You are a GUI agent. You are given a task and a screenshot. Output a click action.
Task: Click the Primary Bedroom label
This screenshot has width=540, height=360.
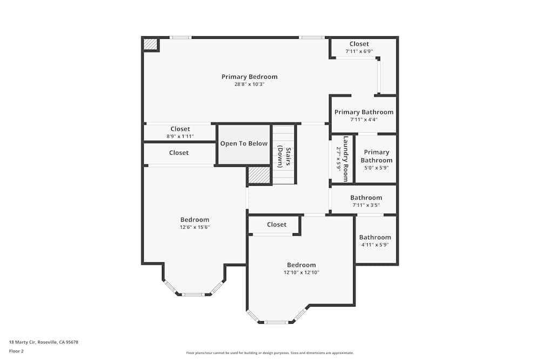pyautogui.click(x=249, y=77)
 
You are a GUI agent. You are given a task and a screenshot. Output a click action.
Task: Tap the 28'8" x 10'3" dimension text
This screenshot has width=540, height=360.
pyautogui.click(x=249, y=84)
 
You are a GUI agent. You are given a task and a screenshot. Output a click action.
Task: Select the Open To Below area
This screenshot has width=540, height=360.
pyautogui.click(x=244, y=144)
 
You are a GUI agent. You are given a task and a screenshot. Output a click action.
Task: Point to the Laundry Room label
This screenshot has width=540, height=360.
pyautogui.click(x=342, y=159)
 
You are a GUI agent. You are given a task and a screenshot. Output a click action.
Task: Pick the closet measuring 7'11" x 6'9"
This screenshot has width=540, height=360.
pyautogui.click(x=359, y=47)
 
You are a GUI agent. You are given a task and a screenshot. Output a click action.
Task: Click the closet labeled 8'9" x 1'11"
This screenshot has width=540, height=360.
pyautogui.click(x=180, y=133)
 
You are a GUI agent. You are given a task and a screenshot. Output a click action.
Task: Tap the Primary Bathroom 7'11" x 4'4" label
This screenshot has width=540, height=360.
pyautogui.click(x=363, y=116)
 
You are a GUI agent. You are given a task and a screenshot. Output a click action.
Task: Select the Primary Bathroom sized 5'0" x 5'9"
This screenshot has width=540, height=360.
pyautogui.click(x=376, y=160)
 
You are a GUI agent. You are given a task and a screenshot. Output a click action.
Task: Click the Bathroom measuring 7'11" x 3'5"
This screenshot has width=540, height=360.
pyautogui.click(x=366, y=201)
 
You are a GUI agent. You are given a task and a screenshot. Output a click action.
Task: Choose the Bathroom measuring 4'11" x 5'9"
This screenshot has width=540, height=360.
pyautogui.click(x=375, y=241)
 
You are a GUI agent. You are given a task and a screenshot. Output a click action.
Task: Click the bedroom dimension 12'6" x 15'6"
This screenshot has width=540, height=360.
pyautogui.click(x=194, y=227)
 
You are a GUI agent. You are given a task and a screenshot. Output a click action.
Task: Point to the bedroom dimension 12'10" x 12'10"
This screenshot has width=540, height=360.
pyautogui.click(x=301, y=273)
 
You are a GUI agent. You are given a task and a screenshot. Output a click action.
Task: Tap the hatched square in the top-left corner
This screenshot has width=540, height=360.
pyautogui.click(x=150, y=44)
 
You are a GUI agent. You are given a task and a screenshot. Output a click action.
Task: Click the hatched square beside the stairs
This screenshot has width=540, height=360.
pyautogui.click(x=259, y=175)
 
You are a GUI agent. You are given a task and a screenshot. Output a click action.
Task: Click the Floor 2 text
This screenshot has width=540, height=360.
pyautogui.click(x=16, y=351)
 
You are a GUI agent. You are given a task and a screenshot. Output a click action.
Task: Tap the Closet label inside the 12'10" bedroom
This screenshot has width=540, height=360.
pyautogui.click(x=276, y=225)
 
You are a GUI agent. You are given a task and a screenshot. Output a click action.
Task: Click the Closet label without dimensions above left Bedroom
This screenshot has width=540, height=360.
pyautogui.click(x=179, y=153)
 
